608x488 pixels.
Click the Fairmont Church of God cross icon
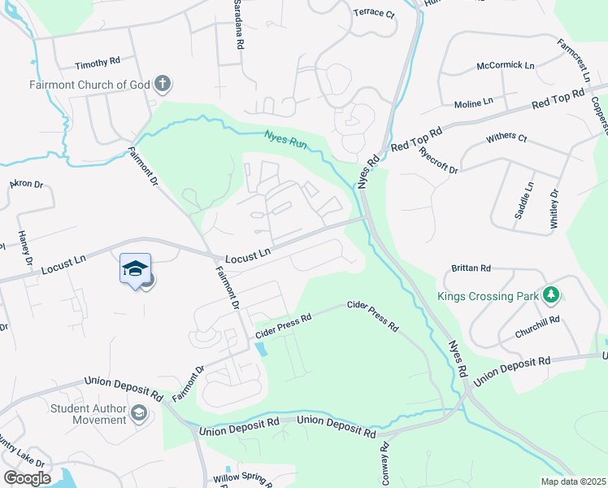[x=163, y=82]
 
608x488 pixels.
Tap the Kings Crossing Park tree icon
[x=551, y=294]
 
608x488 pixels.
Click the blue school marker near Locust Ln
[x=135, y=269]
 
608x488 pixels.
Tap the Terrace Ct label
[x=373, y=14]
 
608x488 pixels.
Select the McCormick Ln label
[x=506, y=65]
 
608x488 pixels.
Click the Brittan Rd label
[x=471, y=268]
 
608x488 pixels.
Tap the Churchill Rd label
[x=538, y=320]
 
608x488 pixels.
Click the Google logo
[x=27, y=477]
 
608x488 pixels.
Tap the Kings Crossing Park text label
[x=488, y=295]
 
